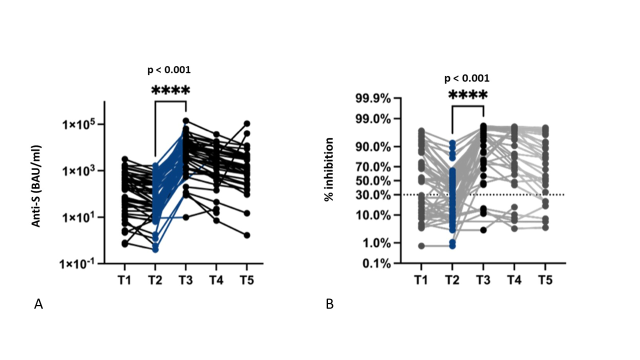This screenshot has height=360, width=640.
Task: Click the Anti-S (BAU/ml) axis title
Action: point(36,186)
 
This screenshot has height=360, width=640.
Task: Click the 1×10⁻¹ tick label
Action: point(81,263)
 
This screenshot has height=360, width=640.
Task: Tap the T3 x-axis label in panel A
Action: point(186,280)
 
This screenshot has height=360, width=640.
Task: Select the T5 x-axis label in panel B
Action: point(545,280)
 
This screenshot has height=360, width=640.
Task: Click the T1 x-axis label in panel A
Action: point(125,280)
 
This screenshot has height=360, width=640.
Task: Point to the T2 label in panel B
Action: point(452,280)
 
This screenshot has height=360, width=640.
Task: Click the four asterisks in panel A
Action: point(170,91)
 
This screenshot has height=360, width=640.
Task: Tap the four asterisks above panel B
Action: point(467,95)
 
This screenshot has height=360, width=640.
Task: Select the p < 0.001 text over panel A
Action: point(169,70)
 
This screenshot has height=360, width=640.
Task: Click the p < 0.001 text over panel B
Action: point(467,78)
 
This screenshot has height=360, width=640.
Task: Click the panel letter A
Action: point(38,303)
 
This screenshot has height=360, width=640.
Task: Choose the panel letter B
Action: point(329,303)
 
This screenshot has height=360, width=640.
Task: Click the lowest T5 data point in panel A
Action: point(246,235)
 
